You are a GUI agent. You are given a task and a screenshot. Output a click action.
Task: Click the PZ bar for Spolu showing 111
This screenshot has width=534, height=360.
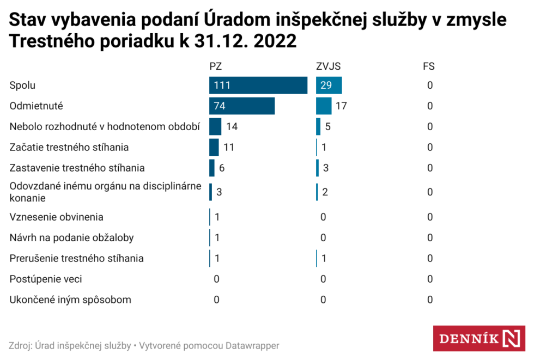click(258, 86)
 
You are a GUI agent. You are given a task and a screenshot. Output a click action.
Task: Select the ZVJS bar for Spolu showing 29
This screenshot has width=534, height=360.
click(329, 86)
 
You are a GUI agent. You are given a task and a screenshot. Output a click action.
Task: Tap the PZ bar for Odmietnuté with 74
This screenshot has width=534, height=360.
click(242, 106)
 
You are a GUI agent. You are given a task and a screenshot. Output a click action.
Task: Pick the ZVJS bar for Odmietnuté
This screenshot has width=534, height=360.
click(324, 106)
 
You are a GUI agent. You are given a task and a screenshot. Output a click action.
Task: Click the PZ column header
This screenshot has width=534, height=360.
click(216, 67)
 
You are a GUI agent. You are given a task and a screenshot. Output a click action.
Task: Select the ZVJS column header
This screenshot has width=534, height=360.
click(329, 67)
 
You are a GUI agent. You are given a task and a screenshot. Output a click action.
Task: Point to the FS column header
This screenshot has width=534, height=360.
click(429, 67)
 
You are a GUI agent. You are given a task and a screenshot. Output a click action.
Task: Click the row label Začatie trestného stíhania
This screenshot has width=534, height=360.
click(69, 147)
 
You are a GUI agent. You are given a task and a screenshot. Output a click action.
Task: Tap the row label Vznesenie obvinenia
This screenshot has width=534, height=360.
click(57, 217)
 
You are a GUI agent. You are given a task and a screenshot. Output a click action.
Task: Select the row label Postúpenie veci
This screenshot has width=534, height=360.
click(46, 279)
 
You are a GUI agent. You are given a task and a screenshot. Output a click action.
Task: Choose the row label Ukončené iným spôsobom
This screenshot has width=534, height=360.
click(70, 300)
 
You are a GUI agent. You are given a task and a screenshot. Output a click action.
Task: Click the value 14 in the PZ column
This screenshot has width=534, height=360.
click(232, 127)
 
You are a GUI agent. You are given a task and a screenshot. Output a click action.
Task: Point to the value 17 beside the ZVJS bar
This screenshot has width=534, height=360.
click(341, 106)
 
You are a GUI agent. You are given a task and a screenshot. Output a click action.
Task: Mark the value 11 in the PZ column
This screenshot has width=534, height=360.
click(229, 147)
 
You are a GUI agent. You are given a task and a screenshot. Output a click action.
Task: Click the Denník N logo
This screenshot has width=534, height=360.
click(479, 338)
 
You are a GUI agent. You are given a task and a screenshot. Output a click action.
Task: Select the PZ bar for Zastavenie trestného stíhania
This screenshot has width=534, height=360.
click(212, 168)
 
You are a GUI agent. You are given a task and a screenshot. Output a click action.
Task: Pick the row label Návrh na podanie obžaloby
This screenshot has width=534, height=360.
click(71, 238)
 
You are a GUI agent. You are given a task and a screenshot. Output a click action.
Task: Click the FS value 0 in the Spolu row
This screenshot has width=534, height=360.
click(430, 86)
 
